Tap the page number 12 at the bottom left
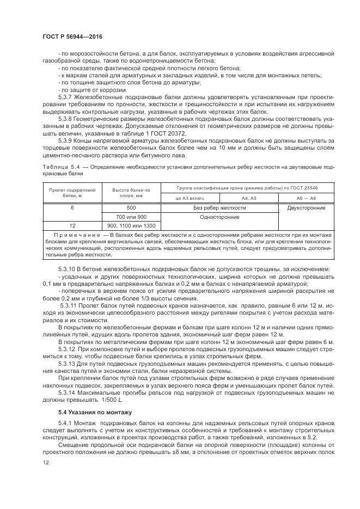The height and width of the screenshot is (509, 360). coord(45,462)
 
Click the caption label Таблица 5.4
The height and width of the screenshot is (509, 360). coord(59,164)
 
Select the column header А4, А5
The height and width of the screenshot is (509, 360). coord(248,199)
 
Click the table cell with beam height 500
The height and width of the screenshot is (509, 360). coord(131,208)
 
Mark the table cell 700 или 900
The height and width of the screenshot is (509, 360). coord(131,217)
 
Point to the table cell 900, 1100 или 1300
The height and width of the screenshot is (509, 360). coord(131,225)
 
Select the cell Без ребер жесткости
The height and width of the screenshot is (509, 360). coord(219,208)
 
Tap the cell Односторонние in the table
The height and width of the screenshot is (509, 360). coord(219,217)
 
